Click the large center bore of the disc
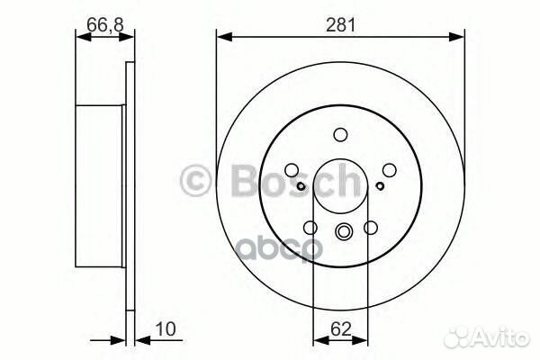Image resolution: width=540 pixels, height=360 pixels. [x=341, y=185]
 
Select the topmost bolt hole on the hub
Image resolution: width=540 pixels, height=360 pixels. [x=340, y=135]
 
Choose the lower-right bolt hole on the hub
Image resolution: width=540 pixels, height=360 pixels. [x=370, y=228]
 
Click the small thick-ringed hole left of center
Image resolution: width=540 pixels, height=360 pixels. [x=301, y=186]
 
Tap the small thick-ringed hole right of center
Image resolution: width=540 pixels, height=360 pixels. [x=382, y=186]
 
